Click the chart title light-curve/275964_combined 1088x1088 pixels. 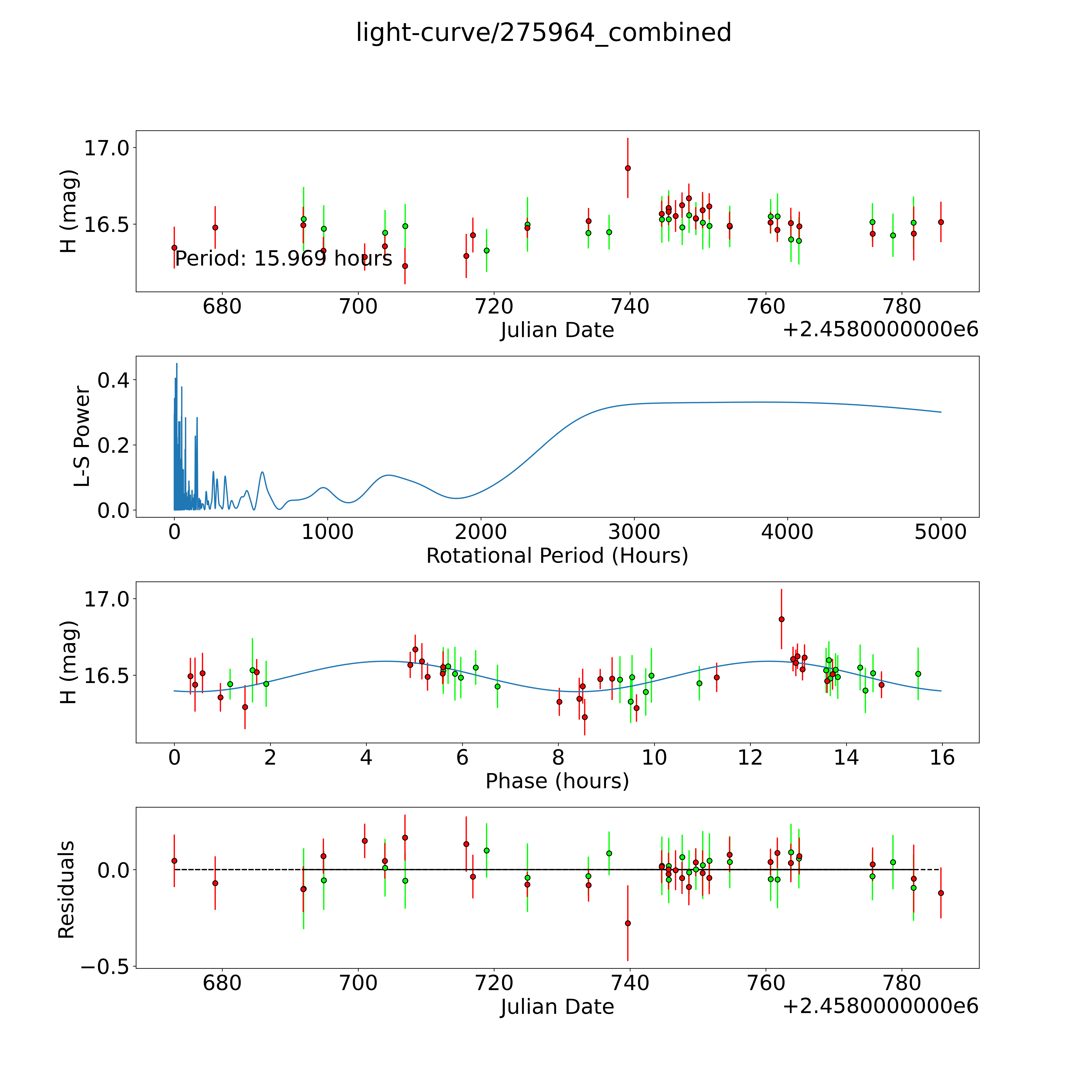pos(543,33)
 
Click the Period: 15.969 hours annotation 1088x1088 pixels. pos(283,259)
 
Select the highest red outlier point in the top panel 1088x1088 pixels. pos(627,168)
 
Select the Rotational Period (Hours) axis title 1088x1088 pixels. pos(557,556)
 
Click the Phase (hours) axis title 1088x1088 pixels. pos(557,781)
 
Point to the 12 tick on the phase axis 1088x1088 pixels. pos(750,757)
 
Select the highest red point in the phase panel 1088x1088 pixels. pos(781,619)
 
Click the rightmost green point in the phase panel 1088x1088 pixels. pos(918,674)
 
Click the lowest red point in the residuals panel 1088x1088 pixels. pos(627,923)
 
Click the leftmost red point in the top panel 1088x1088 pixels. pos(174,247)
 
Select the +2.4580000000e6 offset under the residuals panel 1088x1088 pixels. pos(880,1006)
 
